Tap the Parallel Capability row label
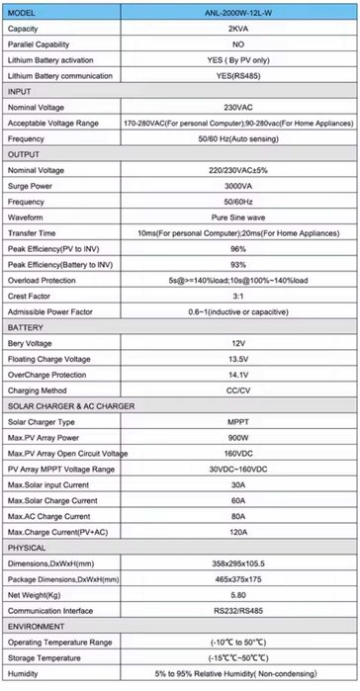pos(44,44)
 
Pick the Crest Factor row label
pos(31,297)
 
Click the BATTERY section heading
pos(26,326)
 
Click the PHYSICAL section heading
pos(27,547)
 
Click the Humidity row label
pos(24,674)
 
